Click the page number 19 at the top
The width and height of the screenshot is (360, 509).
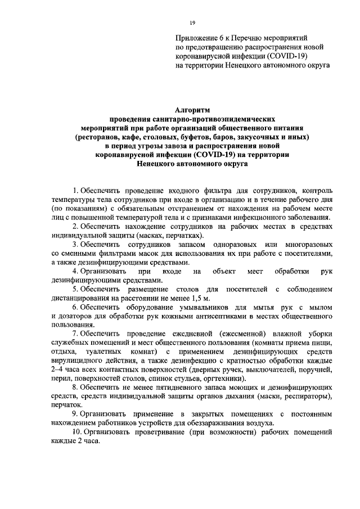click(x=192, y=22)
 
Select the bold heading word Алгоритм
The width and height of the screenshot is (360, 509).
click(x=191, y=111)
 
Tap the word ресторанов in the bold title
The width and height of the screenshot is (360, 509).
click(x=99, y=137)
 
